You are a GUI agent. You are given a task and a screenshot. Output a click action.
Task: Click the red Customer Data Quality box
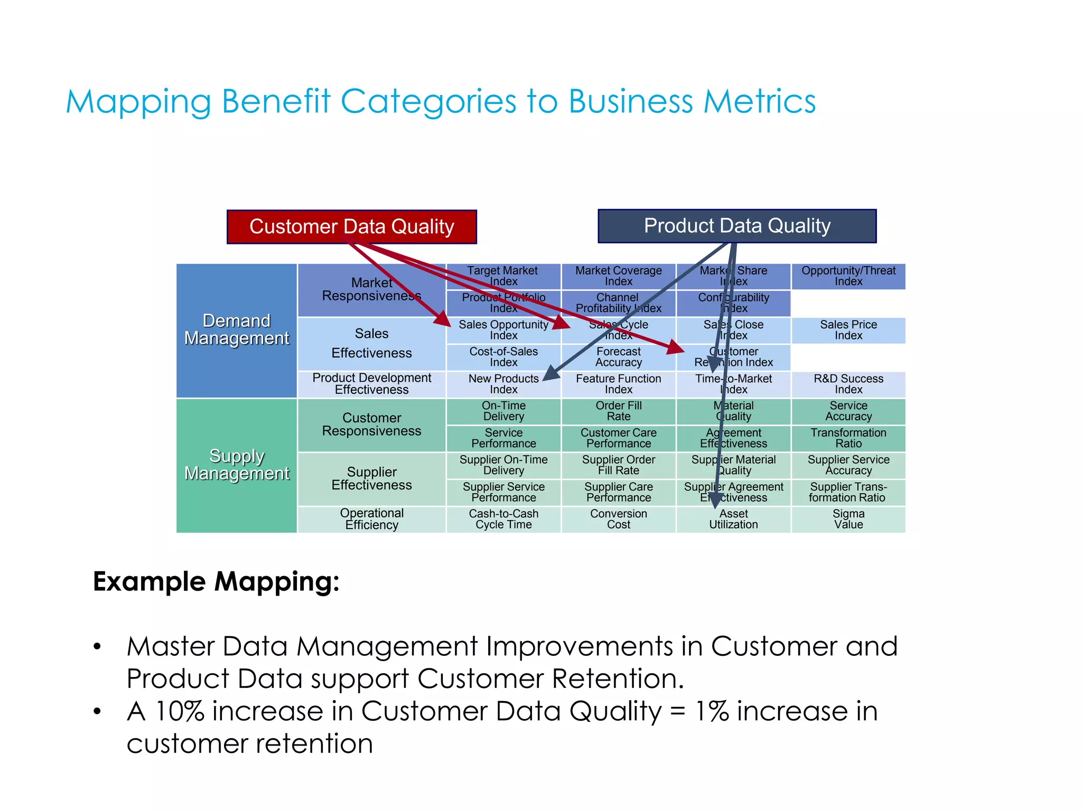pyautogui.click(x=351, y=227)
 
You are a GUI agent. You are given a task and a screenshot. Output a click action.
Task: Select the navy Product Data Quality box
pyautogui.click(x=737, y=226)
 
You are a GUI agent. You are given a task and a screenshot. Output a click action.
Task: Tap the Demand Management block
pyautogui.click(x=237, y=331)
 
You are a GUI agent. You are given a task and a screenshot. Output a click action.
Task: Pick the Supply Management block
pyautogui.click(x=237, y=465)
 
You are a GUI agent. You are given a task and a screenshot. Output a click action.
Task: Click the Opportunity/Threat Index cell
pyautogui.click(x=848, y=276)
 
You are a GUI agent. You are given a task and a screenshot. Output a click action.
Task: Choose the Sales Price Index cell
pyautogui.click(x=848, y=331)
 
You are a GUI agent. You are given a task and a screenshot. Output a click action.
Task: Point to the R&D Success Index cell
pyautogui.click(x=848, y=384)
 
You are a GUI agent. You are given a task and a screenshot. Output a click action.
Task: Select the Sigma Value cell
pyautogui.click(x=848, y=520)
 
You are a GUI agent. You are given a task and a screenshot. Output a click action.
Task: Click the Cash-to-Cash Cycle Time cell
pyautogui.click(x=503, y=520)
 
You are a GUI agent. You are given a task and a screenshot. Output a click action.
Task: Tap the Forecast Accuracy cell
pyautogui.click(x=618, y=357)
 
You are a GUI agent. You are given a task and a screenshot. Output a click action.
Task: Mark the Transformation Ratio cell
pyautogui.click(x=848, y=438)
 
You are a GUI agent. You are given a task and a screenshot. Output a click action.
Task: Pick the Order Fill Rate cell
pyautogui.click(x=618, y=411)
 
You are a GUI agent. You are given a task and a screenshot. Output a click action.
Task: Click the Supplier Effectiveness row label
pyautogui.click(x=371, y=479)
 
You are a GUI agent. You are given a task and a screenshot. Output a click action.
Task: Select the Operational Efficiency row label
pyautogui.click(x=371, y=520)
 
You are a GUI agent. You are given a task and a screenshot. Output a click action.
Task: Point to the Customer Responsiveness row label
pyautogui.click(x=371, y=425)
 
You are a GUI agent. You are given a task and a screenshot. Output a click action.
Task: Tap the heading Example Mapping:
pyautogui.click(x=216, y=582)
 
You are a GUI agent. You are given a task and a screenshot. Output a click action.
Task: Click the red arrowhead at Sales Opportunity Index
pyautogui.click(x=443, y=319)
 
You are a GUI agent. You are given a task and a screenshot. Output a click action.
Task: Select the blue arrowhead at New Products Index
pyautogui.click(x=551, y=373)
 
